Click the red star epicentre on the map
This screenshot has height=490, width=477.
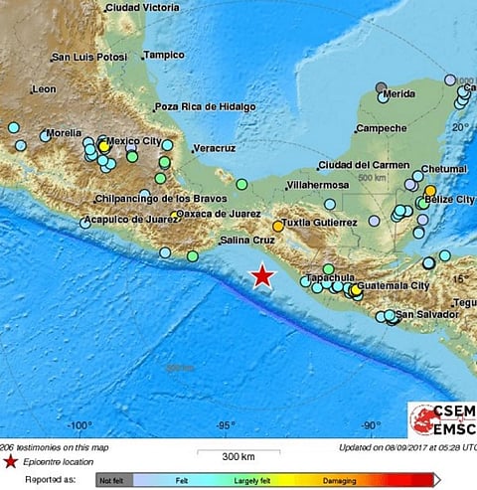(262, 275)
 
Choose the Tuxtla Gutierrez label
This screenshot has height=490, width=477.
(320, 224)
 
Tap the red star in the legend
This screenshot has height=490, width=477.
(10, 462)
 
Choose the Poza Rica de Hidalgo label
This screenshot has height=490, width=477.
(205, 106)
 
